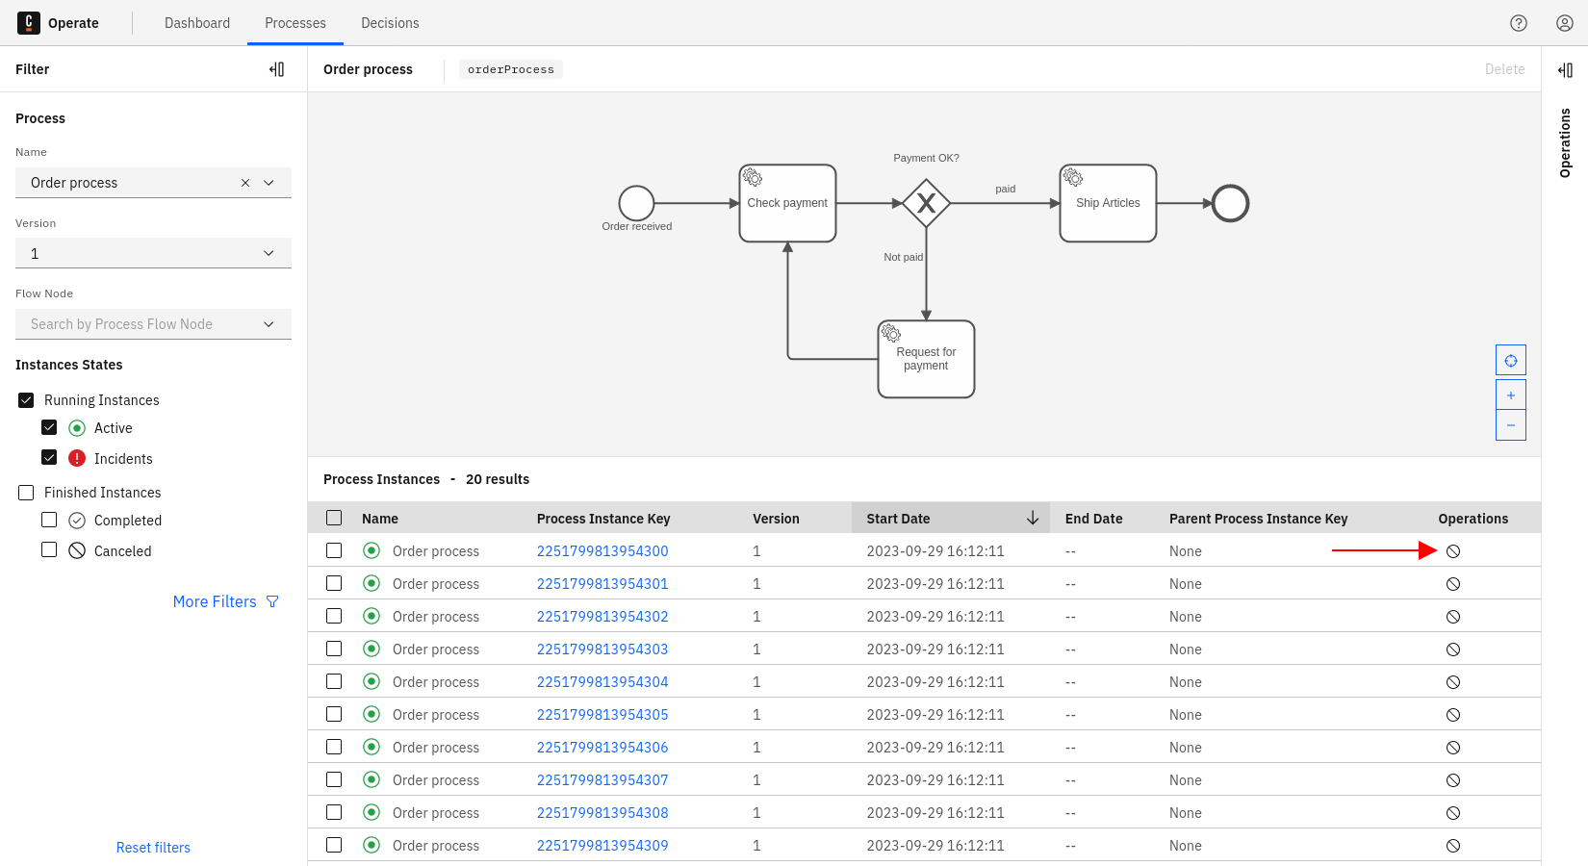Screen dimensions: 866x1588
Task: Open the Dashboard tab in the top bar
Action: tap(197, 23)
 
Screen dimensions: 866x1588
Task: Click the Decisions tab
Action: tap(390, 23)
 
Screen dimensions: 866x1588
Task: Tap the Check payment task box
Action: tap(787, 203)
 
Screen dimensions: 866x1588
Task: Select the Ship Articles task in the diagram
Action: tap(1108, 203)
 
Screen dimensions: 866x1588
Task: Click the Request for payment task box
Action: tap(926, 359)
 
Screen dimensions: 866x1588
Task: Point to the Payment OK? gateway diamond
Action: tap(926, 203)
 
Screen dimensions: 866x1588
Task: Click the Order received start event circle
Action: tap(636, 203)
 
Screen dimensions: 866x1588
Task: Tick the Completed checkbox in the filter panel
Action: tap(49, 520)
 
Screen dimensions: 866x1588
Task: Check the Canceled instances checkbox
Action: tap(49, 550)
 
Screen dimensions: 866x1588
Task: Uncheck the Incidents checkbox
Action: tap(49, 458)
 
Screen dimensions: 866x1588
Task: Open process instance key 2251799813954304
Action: tap(602, 682)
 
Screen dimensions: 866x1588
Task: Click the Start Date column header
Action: tap(898, 519)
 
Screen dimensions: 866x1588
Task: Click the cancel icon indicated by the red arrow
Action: tap(1453, 551)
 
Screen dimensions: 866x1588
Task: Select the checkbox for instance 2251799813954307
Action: tap(334, 779)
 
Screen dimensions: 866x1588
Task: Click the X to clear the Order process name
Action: tap(245, 183)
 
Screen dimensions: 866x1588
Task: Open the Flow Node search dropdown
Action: tap(153, 324)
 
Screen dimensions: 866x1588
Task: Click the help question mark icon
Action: tap(1519, 23)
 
